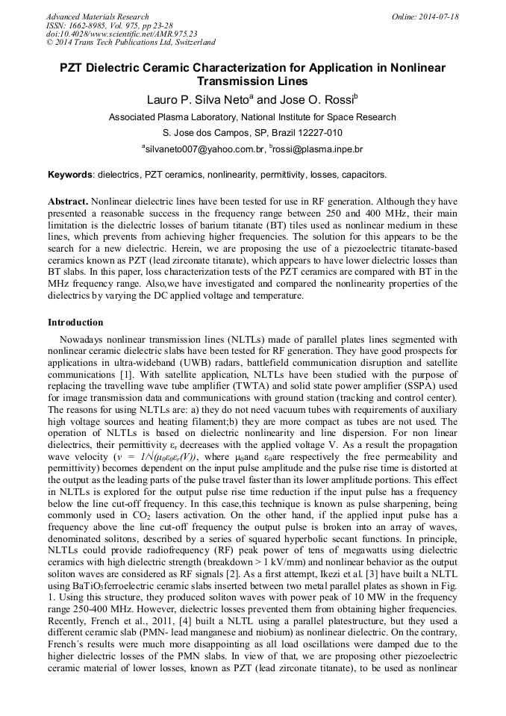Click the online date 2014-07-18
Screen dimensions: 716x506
coord(438,16)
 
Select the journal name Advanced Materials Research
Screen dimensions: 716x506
coord(97,16)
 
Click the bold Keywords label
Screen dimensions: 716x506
coord(70,175)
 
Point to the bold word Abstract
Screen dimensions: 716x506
coord(68,202)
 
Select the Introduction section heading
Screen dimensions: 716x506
coord(75,323)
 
